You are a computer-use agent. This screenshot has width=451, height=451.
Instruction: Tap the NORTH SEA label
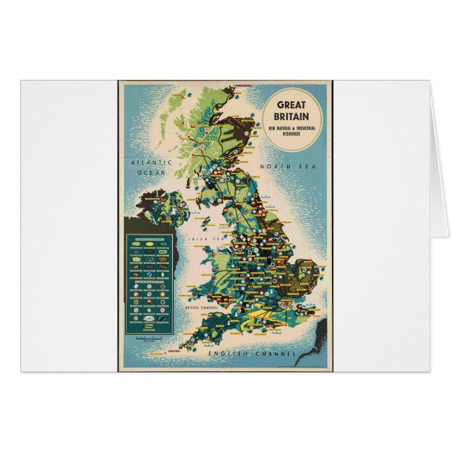coord(279,167)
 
